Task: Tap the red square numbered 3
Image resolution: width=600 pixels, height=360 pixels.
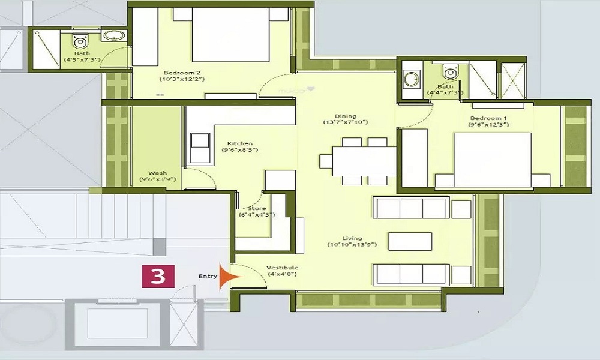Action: pos(158,276)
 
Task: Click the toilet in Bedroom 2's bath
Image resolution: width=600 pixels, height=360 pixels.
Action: pos(80,41)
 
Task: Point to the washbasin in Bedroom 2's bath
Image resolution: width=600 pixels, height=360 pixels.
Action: pos(112,37)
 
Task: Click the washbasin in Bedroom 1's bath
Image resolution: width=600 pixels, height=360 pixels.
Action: pos(412,79)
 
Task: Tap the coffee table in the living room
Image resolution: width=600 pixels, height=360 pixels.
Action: pos(410,241)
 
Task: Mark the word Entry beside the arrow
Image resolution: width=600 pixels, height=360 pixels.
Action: pos(208,276)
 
